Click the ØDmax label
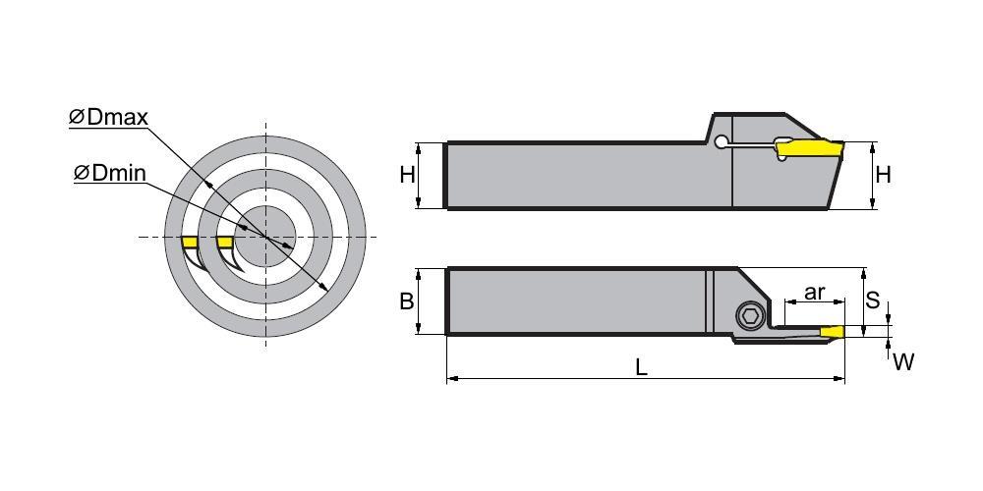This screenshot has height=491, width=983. pyautogui.click(x=108, y=117)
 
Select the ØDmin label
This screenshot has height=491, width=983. pyautogui.click(x=110, y=173)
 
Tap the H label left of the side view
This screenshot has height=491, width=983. pyautogui.click(x=408, y=176)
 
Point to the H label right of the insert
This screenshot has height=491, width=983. pyautogui.click(x=883, y=175)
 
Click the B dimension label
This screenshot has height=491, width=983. pyautogui.click(x=407, y=301)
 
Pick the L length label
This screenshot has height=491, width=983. pyautogui.click(x=641, y=367)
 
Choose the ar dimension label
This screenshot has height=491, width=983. pyautogui.click(x=814, y=292)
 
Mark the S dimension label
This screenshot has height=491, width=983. pyautogui.click(x=872, y=300)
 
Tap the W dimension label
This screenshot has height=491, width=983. pyautogui.click(x=903, y=361)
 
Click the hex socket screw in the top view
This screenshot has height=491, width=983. pyautogui.click(x=750, y=317)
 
